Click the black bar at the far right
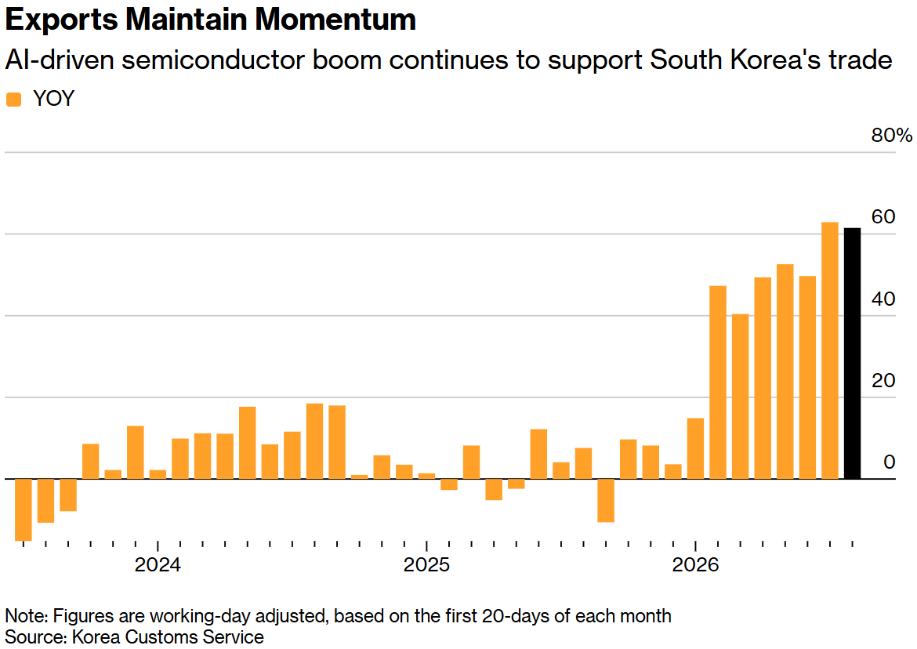click(852, 354)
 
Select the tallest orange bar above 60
click(830, 350)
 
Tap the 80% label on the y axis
click(891, 135)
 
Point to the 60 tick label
click(883, 217)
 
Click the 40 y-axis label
click(883, 299)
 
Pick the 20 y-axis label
click(883, 381)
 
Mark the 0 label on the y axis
click(889, 462)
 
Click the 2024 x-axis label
click(158, 565)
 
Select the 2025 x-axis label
click(427, 565)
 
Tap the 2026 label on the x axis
click(695, 565)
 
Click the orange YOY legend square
click(13, 100)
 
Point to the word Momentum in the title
click(335, 20)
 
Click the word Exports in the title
click(62, 20)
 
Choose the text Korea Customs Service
click(168, 636)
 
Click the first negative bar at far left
click(24, 509)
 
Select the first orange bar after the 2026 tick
click(718, 383)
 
